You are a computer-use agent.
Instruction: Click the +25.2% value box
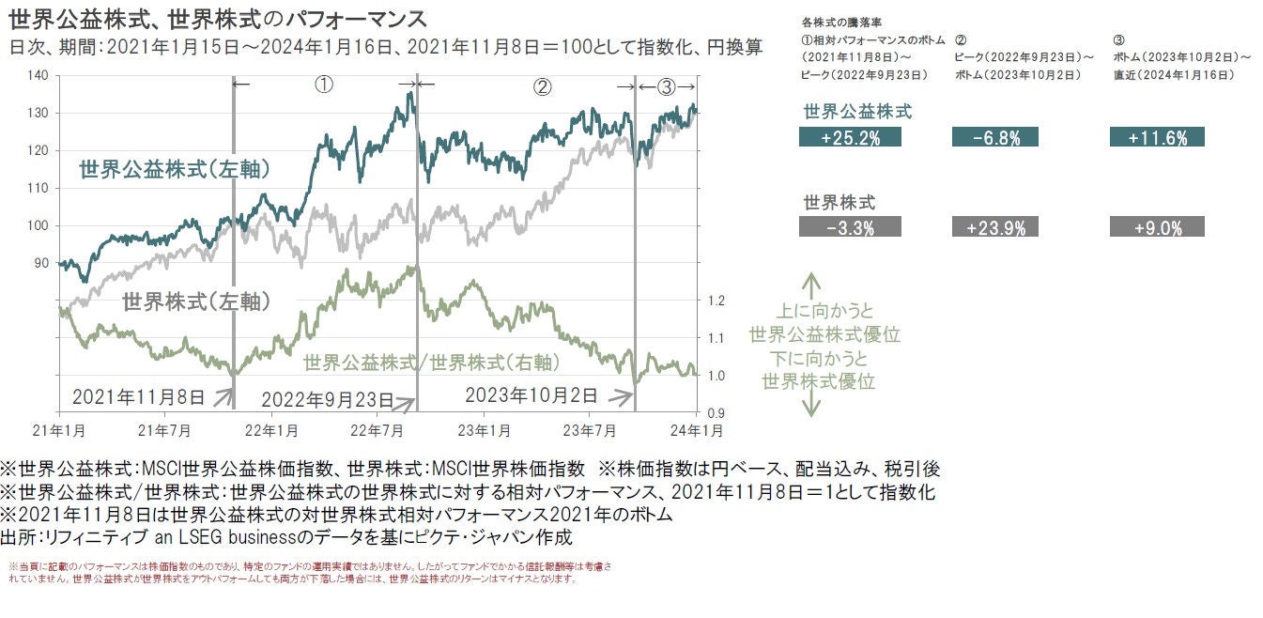(849, 137)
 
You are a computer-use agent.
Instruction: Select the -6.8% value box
(999, 137)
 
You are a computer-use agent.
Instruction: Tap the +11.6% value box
(1157, 137)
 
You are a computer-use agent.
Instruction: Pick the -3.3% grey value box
(849, 226)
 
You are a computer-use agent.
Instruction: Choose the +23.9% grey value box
(999, 226)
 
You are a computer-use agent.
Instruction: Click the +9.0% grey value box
(1157, 226)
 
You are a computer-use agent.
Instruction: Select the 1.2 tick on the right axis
(716, 301)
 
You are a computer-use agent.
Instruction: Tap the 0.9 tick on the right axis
(716, 412)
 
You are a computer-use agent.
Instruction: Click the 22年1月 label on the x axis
(271, 431)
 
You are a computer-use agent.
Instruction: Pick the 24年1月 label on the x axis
(695, 431)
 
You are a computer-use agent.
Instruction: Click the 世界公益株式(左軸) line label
(176, 170)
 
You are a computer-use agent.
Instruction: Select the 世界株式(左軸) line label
(197, 301)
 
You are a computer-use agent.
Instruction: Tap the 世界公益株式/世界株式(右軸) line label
(431, 363)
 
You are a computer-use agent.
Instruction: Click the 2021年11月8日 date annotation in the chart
(138, 396)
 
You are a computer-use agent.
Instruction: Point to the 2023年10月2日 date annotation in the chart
(531, 394)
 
